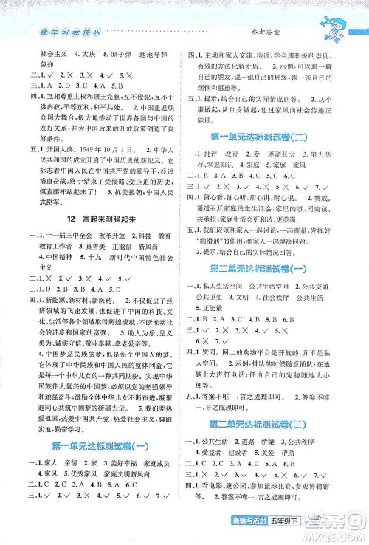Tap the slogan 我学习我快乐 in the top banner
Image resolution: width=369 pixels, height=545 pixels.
coord(63,30)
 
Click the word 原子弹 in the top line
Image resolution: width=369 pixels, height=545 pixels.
coord(111,55)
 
